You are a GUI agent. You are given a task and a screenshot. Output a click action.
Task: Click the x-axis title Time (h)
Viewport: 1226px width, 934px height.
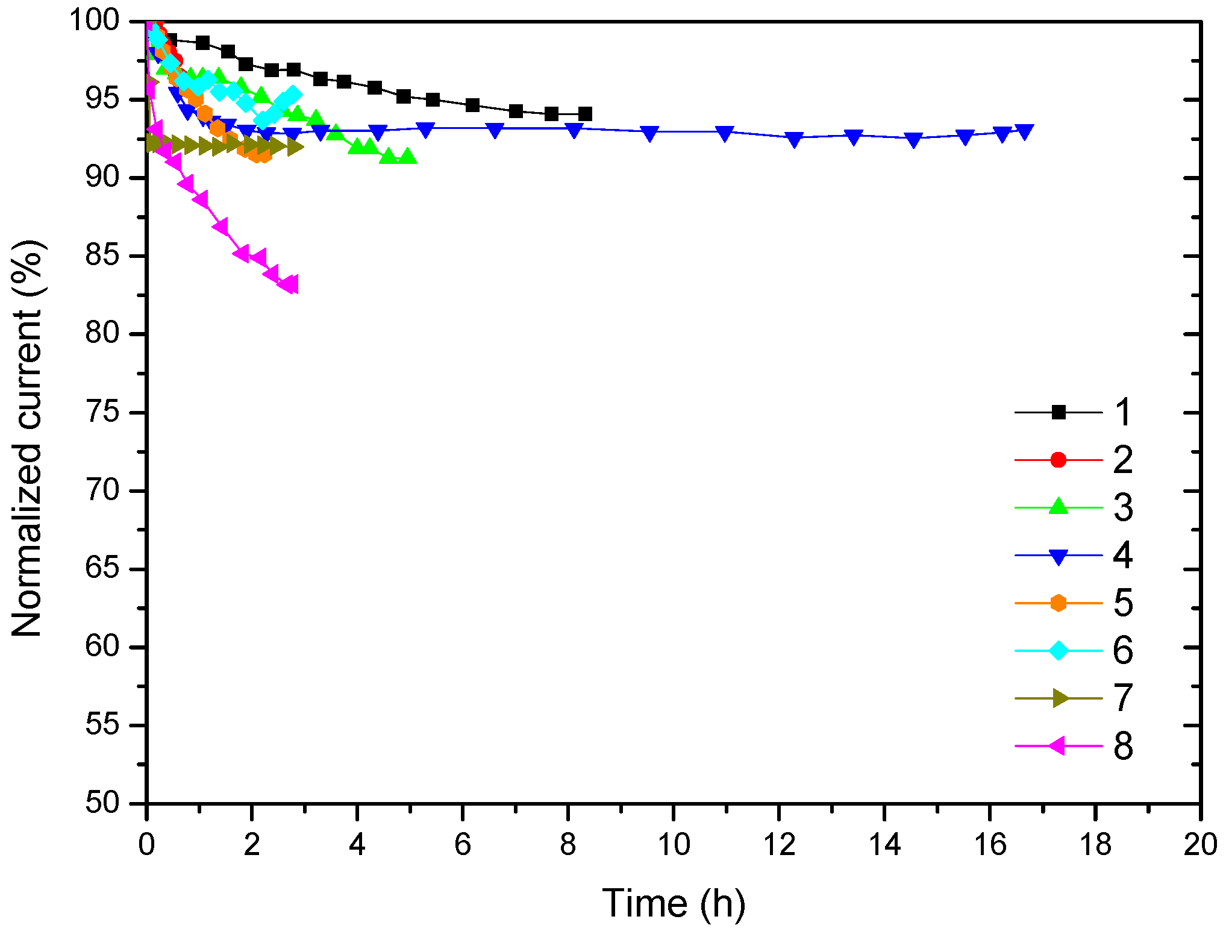click(674, 903)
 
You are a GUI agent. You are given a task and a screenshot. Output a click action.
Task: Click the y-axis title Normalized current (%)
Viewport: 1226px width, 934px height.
click(27, 438)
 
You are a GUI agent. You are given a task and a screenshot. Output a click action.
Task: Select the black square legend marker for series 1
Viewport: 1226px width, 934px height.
click(1058, 413)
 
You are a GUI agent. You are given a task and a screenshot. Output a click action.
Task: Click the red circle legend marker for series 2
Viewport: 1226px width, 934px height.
click(1058, 460)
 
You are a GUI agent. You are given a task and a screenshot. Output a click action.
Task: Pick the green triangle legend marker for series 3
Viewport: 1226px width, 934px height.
click(1058, 507)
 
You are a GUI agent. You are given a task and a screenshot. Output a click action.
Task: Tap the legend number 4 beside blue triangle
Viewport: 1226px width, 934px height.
click(1122, 555)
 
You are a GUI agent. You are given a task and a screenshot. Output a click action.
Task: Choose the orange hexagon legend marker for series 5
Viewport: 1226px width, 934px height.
click(1058, 603)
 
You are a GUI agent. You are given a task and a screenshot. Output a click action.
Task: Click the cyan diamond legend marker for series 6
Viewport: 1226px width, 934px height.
click(1058, 651)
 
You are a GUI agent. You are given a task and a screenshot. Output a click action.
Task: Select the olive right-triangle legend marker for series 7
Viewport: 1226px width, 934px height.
click(1060, 698)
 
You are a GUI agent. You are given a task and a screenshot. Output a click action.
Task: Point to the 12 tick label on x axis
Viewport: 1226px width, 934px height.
click(779, 845)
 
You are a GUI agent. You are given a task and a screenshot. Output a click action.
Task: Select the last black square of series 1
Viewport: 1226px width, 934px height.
click(584, 114)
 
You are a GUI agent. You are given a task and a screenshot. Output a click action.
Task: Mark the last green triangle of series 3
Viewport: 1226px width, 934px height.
click(408, 156)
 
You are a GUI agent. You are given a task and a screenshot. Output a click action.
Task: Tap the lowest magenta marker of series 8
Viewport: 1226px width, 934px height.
click(291, 284)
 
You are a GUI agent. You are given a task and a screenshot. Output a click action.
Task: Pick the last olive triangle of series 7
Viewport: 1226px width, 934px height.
click(295, 146)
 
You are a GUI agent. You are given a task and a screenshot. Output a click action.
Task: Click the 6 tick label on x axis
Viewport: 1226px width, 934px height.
click(463, 845)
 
